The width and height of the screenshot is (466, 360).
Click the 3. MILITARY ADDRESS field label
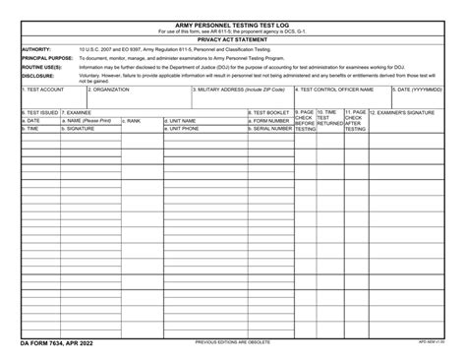pos(239,90)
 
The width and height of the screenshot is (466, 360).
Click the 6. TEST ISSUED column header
pos(40,112)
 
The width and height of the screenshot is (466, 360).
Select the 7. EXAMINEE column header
pos(80,112)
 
